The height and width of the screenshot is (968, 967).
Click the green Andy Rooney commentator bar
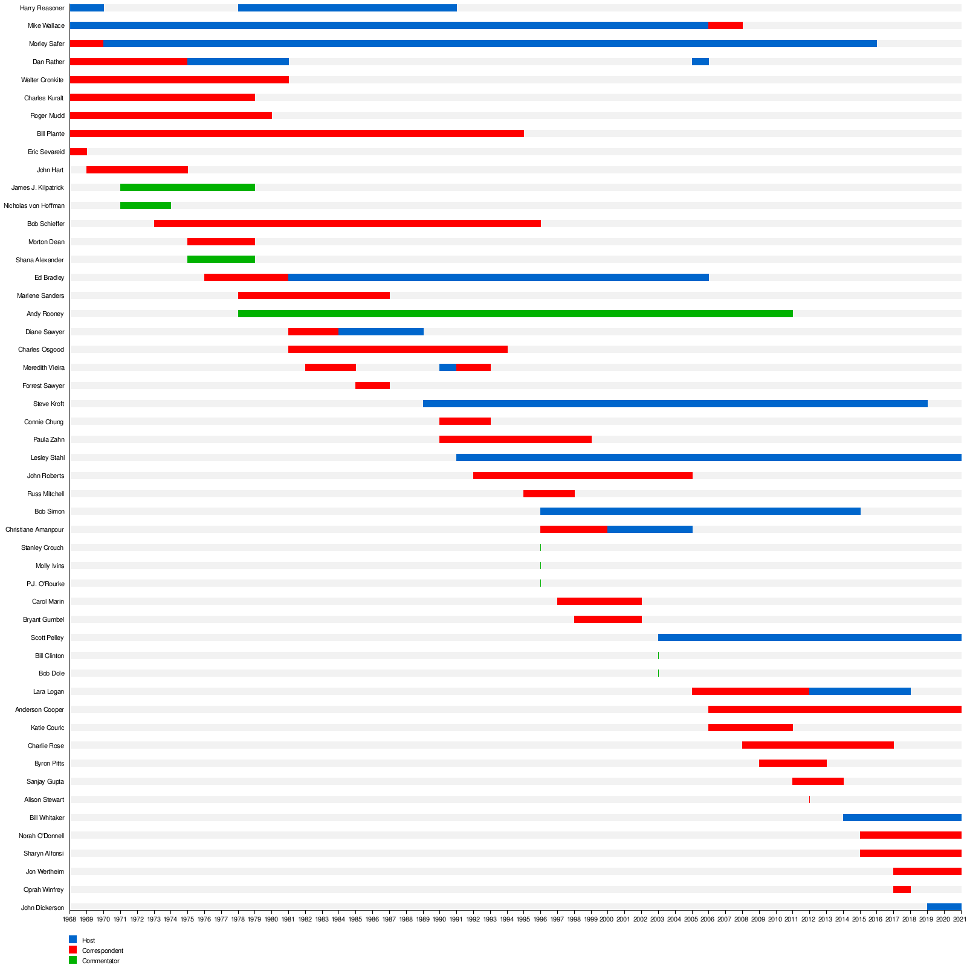click(x=515, y=314)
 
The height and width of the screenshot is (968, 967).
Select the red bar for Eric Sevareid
click(x=78, y=152)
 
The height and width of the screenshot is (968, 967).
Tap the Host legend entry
click(x=88, y=940)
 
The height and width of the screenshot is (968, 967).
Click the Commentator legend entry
click(x=100, y=961)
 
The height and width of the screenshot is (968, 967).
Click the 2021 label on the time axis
click(x=960, y=920)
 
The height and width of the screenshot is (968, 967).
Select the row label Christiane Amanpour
click(x=34, y=530)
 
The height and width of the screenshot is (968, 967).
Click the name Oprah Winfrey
click(x=44, y=890)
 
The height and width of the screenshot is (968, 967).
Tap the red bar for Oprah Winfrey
click(x=902, y=889)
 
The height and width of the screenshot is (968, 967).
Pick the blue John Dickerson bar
click(x=944, y=907)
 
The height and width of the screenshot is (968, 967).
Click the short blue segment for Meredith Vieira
click(x=448, y=367)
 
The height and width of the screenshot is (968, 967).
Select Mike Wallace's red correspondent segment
click(x=725, y=25)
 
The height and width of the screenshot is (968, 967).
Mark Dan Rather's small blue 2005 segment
click(x=700, y=62)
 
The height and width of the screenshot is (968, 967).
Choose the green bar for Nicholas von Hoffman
click(x=146, y=205)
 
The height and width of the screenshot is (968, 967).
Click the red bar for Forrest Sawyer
click(x=372, y=386)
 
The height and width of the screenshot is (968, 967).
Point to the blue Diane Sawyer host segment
click(x=381, y=332)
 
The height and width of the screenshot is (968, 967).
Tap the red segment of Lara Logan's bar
click(x=751, y=691)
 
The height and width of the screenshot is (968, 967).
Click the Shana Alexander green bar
click(x=221, y=260)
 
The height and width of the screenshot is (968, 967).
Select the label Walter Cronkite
click(x=42, y=80)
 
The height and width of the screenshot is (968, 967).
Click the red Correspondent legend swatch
click(x=73, y=950)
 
